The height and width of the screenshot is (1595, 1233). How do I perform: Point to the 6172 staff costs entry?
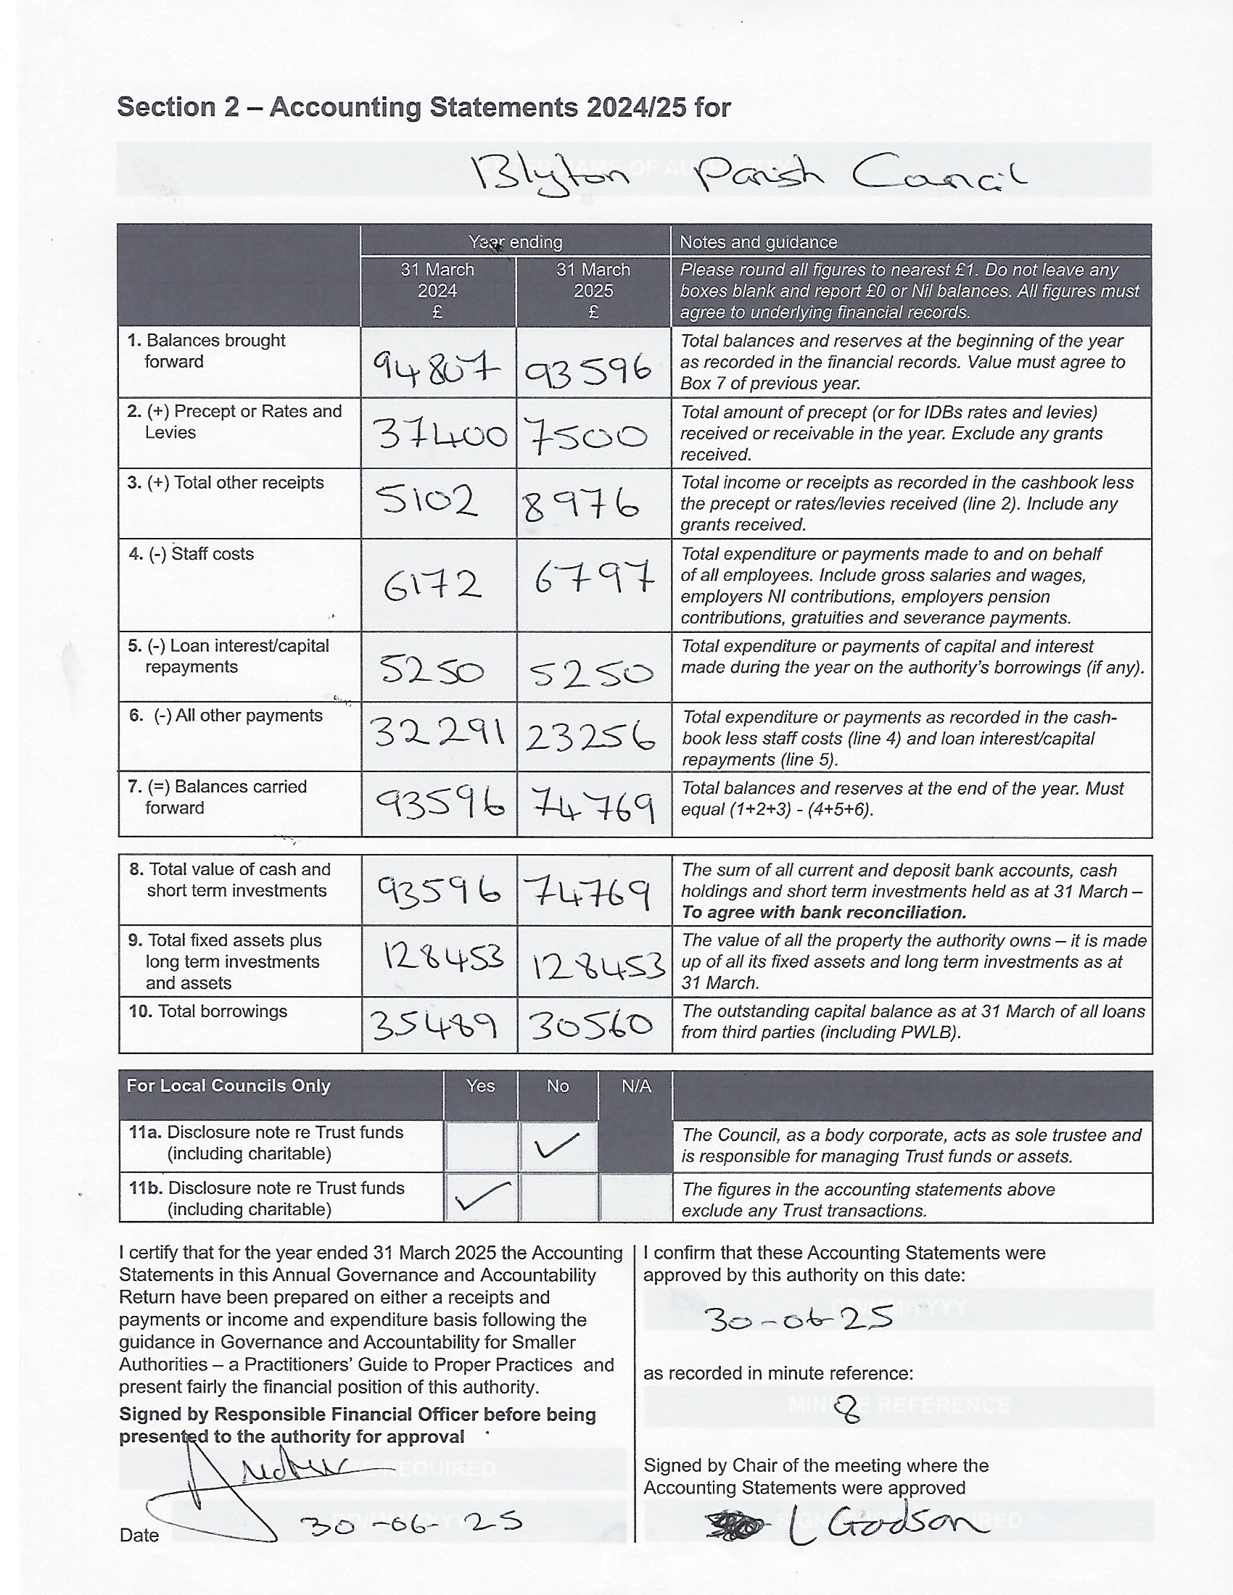click(x=432, y=585)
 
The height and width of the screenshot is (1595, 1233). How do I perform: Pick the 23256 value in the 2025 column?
click(x=590, y=736)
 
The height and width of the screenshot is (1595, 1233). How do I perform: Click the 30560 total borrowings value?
click(x=591, y=1026)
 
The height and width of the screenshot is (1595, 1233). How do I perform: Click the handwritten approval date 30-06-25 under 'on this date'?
click(x=800, y=1317)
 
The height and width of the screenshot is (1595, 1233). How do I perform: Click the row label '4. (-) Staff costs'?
click(x=191, y=554)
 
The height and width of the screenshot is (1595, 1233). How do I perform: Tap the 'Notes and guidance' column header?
click(x=758, y=241)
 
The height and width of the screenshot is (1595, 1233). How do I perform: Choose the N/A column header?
click(x=635, y=1086)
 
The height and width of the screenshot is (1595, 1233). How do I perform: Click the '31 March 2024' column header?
click(x=437, y=290)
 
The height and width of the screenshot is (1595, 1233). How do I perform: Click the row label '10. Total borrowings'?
click(x=208, y=1011)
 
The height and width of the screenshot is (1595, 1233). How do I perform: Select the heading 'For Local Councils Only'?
click(x=228, y=1086)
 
